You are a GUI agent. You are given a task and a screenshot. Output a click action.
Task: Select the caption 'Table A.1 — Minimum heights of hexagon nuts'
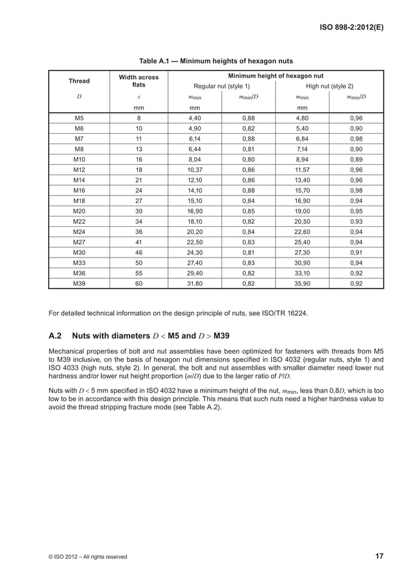pos(216,62)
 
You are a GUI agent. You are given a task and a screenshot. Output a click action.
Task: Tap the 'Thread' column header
pos(79,81)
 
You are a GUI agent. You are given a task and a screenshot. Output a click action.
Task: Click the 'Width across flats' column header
pos(139,81)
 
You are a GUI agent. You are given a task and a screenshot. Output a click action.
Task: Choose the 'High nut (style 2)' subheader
pos(330,86)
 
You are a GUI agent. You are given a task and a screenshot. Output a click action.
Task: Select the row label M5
pos(79,119)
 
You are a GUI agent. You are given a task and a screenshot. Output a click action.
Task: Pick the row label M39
pos(79,283)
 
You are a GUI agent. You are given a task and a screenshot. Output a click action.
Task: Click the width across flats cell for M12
pos(139,170)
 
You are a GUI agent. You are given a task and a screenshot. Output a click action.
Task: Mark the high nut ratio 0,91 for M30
pos(356,252)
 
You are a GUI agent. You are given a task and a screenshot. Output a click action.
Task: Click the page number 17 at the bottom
pos(379,556)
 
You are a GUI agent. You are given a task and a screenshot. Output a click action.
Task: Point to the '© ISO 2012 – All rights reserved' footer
pos(88,556)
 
